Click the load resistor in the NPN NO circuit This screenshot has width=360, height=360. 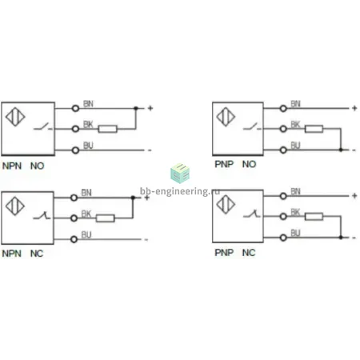(x=107, y=129)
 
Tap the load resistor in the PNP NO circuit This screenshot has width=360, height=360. (x=314, y=129)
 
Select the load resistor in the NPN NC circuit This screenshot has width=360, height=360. (x=106, y=218)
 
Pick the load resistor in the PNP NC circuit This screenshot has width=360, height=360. (x=314, y=216)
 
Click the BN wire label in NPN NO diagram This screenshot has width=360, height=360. (x=88, y=103)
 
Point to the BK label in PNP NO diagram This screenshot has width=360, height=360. (x=295, y=124)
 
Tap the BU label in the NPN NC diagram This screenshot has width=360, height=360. (x=86, y=234)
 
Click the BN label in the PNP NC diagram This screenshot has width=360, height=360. (x=295, y=191)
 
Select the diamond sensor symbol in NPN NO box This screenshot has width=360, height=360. (x=15, y=117)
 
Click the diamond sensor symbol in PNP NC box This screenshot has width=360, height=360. (x=226, y=205)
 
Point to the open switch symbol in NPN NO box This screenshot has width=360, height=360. (x=42, y=126)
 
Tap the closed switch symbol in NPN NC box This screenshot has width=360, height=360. (x=42, y=216)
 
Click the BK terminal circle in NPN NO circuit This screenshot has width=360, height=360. (x=76, y=129)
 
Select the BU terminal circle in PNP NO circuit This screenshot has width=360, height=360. (x=283, y=150)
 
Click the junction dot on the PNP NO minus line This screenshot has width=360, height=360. (x=341, y=150)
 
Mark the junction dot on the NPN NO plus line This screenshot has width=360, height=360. (x=136, y=108)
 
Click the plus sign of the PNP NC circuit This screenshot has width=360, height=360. (x=354, y=196)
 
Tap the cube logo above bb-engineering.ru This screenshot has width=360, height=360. (x=180, y=174)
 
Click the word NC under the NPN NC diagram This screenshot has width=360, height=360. (x=37, y=254)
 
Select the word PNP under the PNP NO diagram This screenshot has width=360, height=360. (x=224, y=164)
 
